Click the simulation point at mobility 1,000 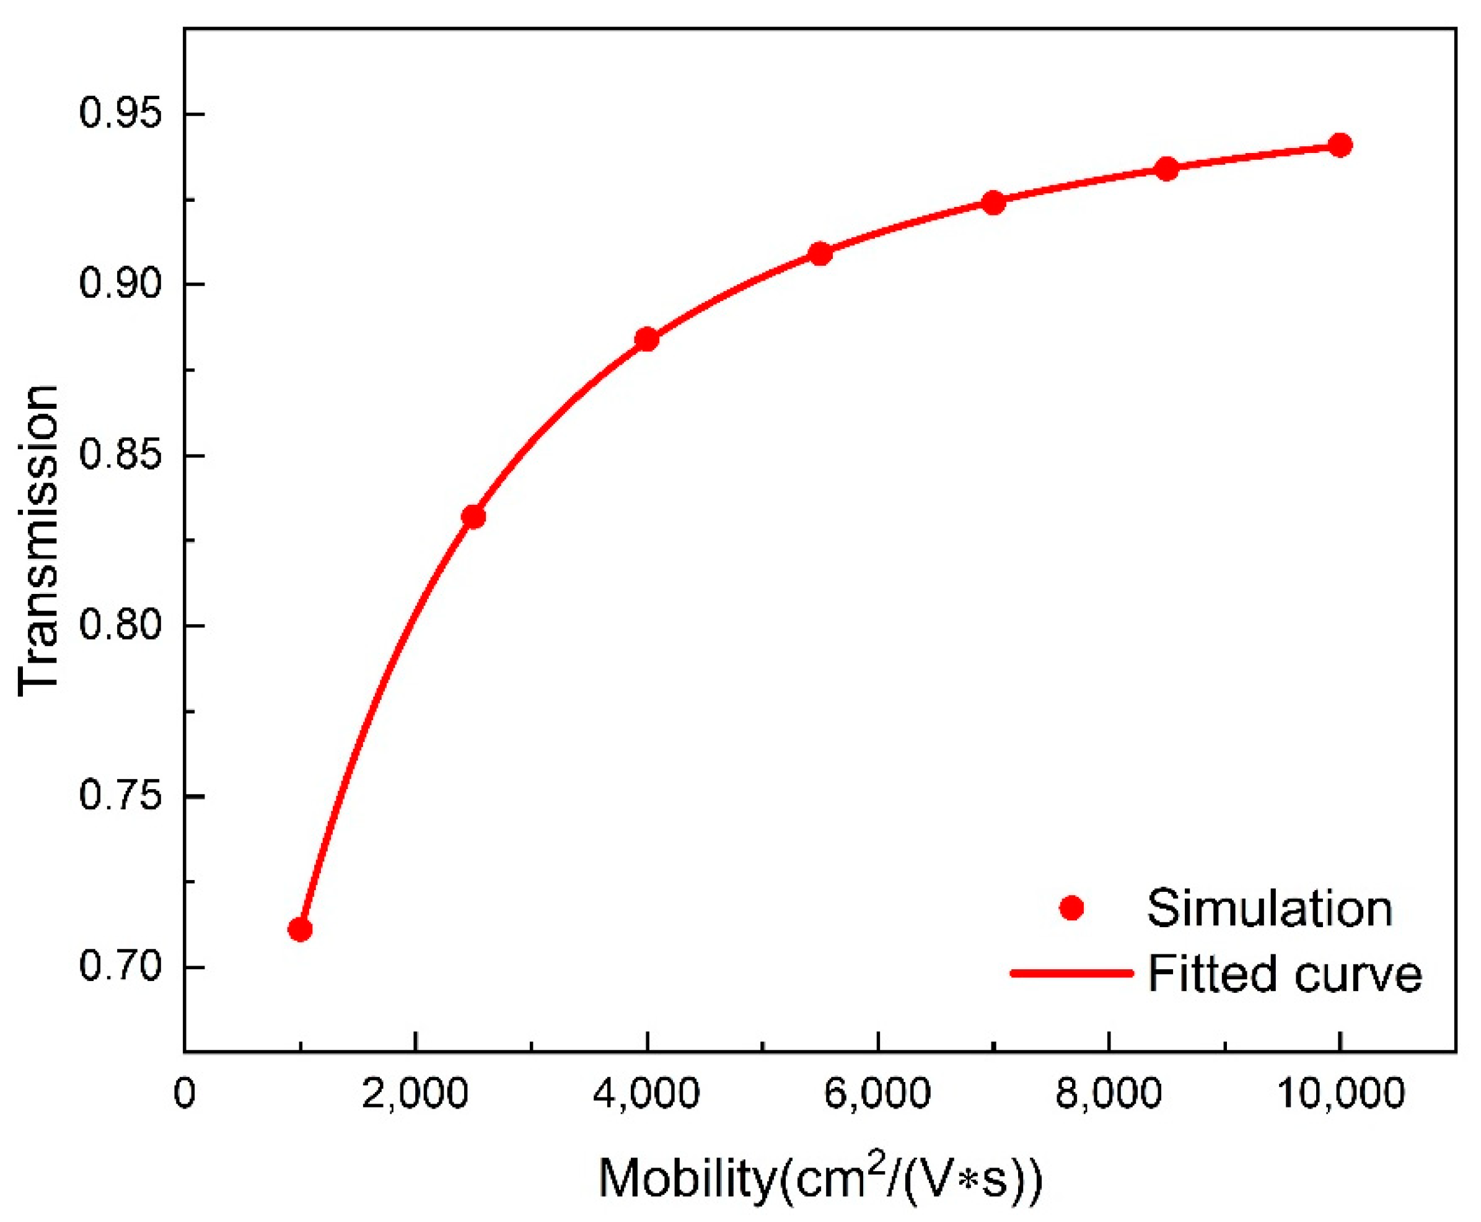click(300, 929)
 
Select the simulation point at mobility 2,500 click(473, 517)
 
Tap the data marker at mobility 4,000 click(646, 339)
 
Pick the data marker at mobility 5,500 click(820, 253)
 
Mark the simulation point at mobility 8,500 click(1167, 169)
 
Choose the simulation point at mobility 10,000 click(1340, 146)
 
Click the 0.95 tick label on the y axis click(121, 113)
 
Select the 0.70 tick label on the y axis click(121, 966)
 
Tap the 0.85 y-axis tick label click(121, 455)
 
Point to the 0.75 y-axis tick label click(121, 796)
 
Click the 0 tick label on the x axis click(185, 1094)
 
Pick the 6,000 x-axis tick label click(877, 1094)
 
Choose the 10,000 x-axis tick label click(1340, 1094)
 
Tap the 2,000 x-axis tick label click(416, 1094)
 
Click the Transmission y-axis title click(39, 541)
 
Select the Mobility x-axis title click(820, 1177)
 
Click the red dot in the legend click(1071, 908)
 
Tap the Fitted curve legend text click(1285, 974)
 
